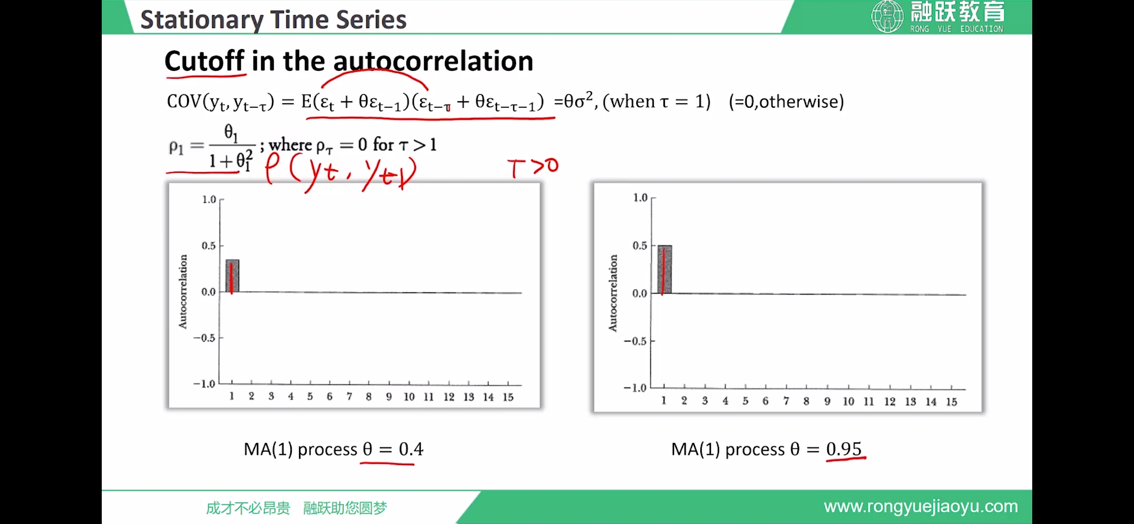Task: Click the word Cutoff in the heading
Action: pos(204,61)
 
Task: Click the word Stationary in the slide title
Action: pos(202,20)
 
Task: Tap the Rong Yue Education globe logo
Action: pos(887,16)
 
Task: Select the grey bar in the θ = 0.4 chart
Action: pos(232,276)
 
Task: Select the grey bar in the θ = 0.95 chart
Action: pos(664,269)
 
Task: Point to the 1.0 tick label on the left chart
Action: pos(209,199)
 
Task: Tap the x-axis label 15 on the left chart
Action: pos(508,397)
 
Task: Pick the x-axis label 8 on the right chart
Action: pos(806,401)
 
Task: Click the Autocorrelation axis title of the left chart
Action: pos(183,292)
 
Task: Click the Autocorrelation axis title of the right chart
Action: pos(613,293)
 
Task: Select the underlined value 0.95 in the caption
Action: pos(844,449)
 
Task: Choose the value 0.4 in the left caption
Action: pos(411,449)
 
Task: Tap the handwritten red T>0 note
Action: pos(533,168)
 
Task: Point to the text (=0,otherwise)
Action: pos(787,102)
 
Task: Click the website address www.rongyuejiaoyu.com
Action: pos(921,507)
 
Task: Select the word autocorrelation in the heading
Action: pos(433,61)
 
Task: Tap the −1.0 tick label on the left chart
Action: pos(204,384)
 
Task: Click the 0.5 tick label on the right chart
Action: pos(640,246)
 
